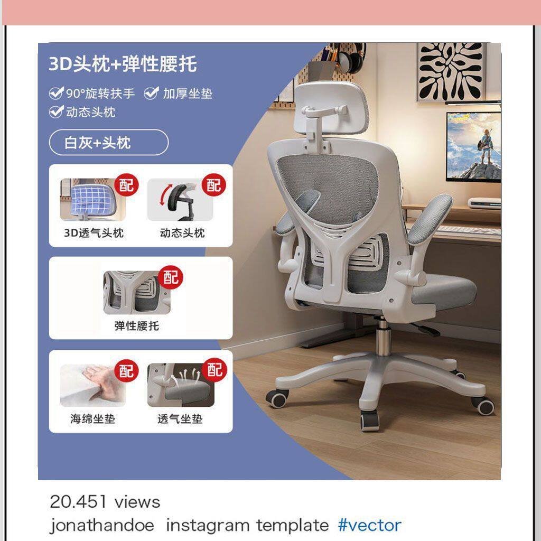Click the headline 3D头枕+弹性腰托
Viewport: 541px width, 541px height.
pos(123,64)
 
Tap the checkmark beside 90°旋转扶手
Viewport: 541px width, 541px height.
pos(56,93)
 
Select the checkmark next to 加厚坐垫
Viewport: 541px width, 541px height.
pos(151,93)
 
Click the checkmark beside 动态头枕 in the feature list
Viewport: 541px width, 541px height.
pos(56,111)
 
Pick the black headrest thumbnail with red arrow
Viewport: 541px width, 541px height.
pos(180,199)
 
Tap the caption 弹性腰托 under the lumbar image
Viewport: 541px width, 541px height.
pos(137,325)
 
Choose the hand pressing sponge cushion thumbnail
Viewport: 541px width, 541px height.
pos(92,385)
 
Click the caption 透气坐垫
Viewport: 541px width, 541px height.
pos(180,419)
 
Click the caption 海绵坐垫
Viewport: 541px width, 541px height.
pos(92,419)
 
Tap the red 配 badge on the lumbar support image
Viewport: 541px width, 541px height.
pos(171,277)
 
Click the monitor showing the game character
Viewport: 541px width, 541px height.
pos(473,146)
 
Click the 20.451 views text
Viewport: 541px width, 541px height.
pos(105,502)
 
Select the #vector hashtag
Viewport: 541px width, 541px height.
pos(369,525)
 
